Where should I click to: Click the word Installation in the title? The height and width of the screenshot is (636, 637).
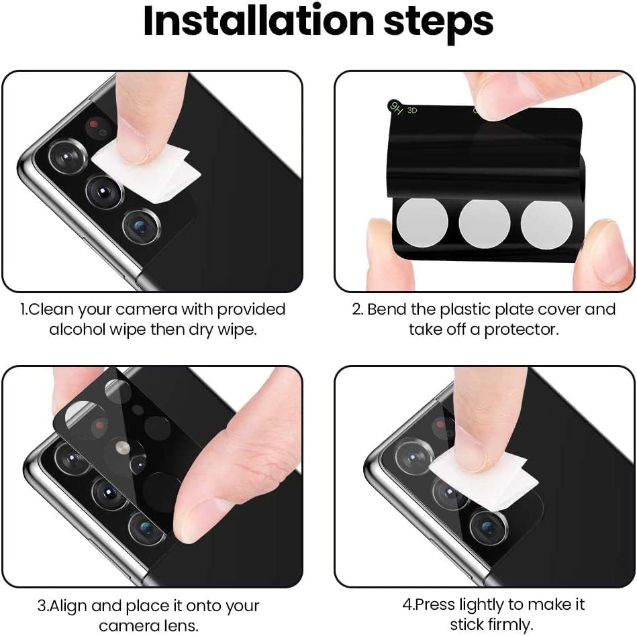pyautogui.click(x=258, y=21)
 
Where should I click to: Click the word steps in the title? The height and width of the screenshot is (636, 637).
pyautogui.click(x=439, y=23)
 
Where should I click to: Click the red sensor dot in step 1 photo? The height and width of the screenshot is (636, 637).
pyautogui.click(x=94, y=123)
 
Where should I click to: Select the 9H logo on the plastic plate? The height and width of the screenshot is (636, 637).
pyautogui.click(x=395, y=107)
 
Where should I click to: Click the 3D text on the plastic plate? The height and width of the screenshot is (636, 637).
pyautogui.click(x=412, y=110)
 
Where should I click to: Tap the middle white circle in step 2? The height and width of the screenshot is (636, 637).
pyautogui.click(x=484, y=223)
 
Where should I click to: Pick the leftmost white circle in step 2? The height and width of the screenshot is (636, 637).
pyautogui.click(x=422, y=223)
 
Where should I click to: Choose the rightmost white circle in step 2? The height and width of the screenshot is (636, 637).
pyautogui.click(x=546, y=224)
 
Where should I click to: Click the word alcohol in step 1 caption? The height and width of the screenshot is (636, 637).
pyautogui.click(x=77, y=329)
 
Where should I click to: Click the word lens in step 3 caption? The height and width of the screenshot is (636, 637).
pyautogui.click(x=182, y=626)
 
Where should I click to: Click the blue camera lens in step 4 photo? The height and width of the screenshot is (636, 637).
pyautogui.click(x=489, y=527)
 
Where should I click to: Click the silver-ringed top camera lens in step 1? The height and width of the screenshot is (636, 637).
pyautogui.click(x=67, y=156)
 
